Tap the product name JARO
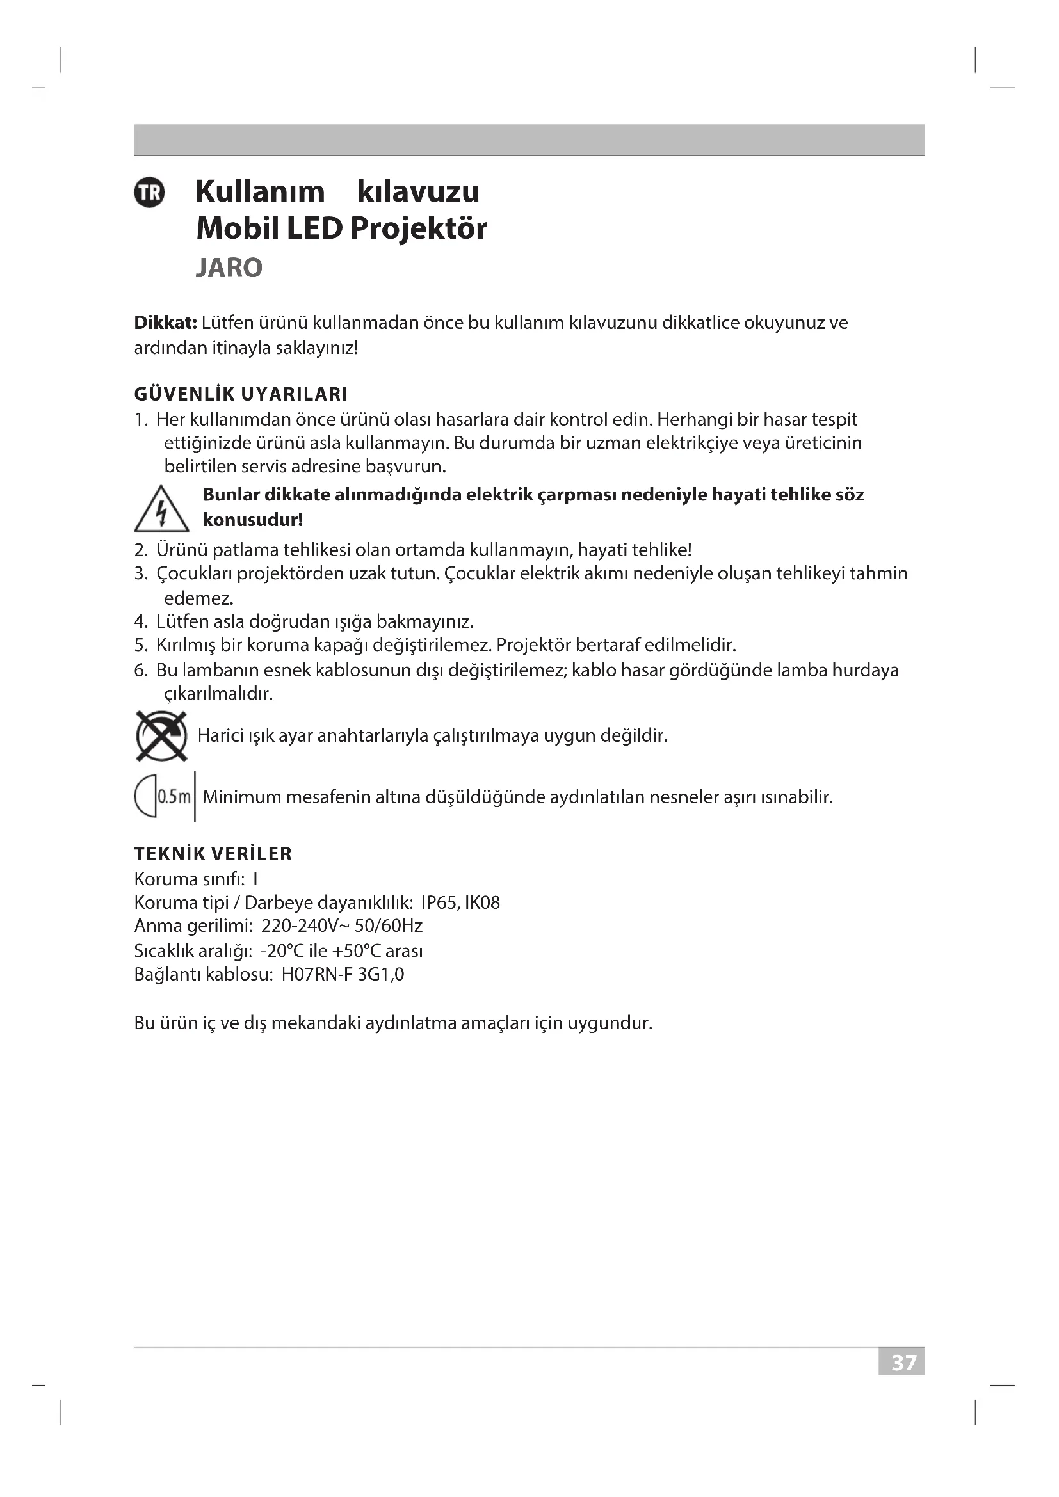point(229,268)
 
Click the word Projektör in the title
point(418,228)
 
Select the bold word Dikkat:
point(165,323)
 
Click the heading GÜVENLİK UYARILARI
point(241,394)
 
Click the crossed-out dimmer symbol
point(162,736)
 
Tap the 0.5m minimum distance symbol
point(165,797)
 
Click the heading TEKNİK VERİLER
point(213,854)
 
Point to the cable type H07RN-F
point(318,975)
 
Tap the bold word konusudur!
point(252,520)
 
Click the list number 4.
point(141,621)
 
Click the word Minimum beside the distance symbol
point(241,797)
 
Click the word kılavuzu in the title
point(418,192)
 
